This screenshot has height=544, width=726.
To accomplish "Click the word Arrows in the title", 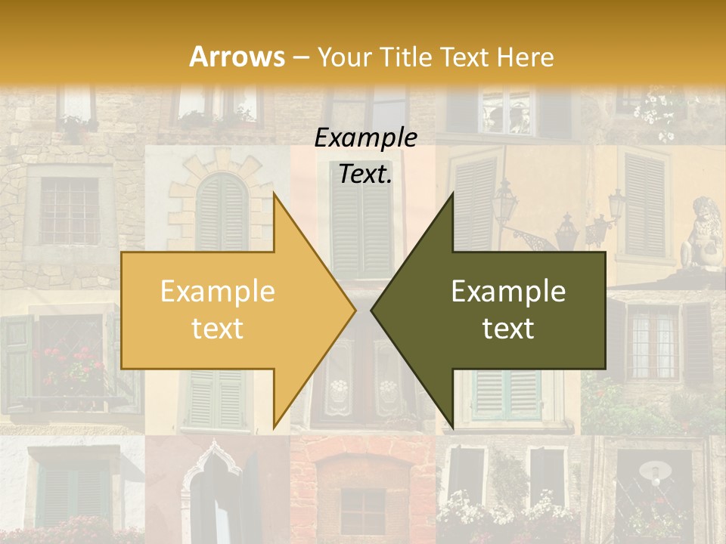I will (x=237, y=57).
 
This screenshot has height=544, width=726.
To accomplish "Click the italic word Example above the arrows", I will (x=365, y=138).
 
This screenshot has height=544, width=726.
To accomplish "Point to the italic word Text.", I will (x=365, y=175).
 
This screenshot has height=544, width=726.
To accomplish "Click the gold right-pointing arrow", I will (x=227, y=310).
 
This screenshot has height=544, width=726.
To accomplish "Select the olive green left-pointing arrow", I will (x=499, y=310).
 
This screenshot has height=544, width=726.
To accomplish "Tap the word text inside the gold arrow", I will (x=217, y=329).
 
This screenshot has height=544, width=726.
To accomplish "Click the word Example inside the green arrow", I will (x=508, y=292).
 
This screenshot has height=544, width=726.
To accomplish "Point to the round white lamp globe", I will (x=655, y=471).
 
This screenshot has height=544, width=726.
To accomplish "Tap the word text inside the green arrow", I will (x=508, y=329).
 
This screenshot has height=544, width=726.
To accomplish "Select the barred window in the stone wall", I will (x=69, y=210).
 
